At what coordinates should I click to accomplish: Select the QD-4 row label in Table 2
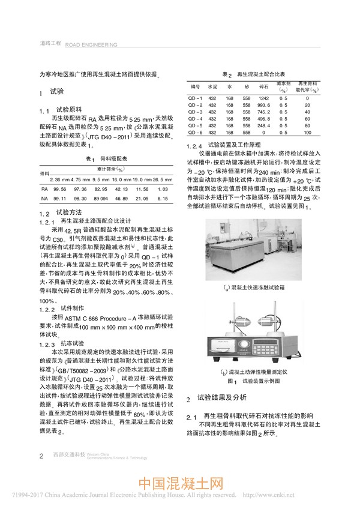pos(196,119)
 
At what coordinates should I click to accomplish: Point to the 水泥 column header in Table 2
pos(212,87)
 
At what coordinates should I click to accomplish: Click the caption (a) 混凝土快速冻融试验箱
pos(256,288)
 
